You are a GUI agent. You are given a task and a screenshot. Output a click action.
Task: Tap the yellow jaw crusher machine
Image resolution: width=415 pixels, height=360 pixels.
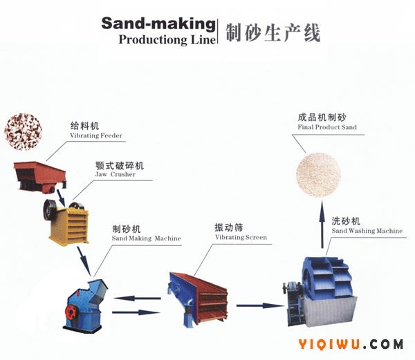(66, 222)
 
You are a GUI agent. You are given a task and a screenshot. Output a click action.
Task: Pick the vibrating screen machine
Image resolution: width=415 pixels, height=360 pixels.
(198, 299)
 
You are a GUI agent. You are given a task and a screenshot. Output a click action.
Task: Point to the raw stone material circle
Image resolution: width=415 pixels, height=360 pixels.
(24, 131)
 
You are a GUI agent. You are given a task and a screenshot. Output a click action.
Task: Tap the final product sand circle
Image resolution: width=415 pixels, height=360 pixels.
(318, 175)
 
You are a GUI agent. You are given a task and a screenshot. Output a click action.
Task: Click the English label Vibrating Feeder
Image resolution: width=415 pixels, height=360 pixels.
(96, 135)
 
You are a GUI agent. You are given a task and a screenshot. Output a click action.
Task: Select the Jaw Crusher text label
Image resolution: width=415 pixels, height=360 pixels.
(115, 174)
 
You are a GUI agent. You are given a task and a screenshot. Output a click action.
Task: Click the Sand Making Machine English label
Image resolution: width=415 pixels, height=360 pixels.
(147, 238)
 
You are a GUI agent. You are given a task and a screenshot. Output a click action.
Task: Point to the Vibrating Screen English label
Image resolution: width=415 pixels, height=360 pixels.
(241, 238)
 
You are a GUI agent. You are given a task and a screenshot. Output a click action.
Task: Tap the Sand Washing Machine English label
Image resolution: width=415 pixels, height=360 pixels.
(367, 231)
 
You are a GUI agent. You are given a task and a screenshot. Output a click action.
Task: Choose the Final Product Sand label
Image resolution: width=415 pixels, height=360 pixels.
(327, 127)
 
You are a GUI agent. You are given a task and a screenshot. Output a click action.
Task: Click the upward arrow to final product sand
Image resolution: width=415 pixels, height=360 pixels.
(322, 225)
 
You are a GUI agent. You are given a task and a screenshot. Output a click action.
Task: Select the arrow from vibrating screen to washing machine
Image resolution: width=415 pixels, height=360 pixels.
(260, 306)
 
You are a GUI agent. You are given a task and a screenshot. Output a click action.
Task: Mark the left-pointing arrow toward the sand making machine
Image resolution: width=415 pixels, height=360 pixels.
(137, 299)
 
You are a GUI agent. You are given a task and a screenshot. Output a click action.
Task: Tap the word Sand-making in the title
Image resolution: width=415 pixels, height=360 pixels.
(158, 23)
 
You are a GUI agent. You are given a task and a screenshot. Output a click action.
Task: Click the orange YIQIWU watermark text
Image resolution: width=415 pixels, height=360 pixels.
(329, 344)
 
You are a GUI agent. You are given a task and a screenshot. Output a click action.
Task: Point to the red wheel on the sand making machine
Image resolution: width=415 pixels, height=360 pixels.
(71, 312)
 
